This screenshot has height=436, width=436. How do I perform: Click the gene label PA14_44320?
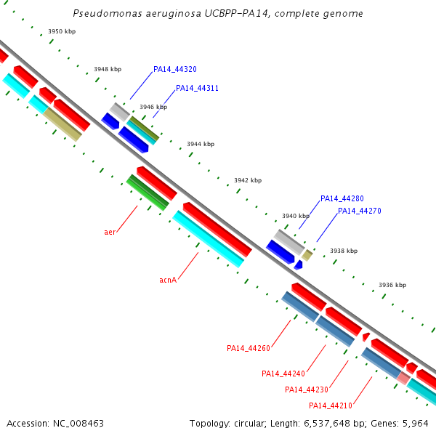(174, 70)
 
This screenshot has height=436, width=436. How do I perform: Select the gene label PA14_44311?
(197, 89)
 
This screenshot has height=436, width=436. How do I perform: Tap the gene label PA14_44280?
(342, 199)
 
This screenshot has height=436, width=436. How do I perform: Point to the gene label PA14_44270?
(359, 211)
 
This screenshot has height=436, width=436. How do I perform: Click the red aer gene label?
(110, 233)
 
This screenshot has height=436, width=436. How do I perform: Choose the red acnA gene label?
(168, 280)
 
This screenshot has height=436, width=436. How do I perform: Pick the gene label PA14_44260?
(248, 349)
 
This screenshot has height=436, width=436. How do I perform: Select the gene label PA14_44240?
(283, 374)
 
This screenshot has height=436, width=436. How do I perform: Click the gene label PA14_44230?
(306, 390)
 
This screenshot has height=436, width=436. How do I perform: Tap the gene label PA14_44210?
(330, 406)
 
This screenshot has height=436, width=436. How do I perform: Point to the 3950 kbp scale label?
(62, 32)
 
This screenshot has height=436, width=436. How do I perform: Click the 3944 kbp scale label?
(201, 145)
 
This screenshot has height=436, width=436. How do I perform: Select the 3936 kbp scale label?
(392, 286)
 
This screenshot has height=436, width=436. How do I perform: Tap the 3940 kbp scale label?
(296, 217)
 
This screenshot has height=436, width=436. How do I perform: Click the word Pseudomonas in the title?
(102, 14)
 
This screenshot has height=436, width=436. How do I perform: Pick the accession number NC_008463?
(77, 423)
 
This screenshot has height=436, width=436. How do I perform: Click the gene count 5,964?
(416, 423)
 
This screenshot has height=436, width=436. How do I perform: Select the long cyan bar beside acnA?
(208, 239)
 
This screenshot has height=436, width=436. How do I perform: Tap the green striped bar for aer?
(148, 193)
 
